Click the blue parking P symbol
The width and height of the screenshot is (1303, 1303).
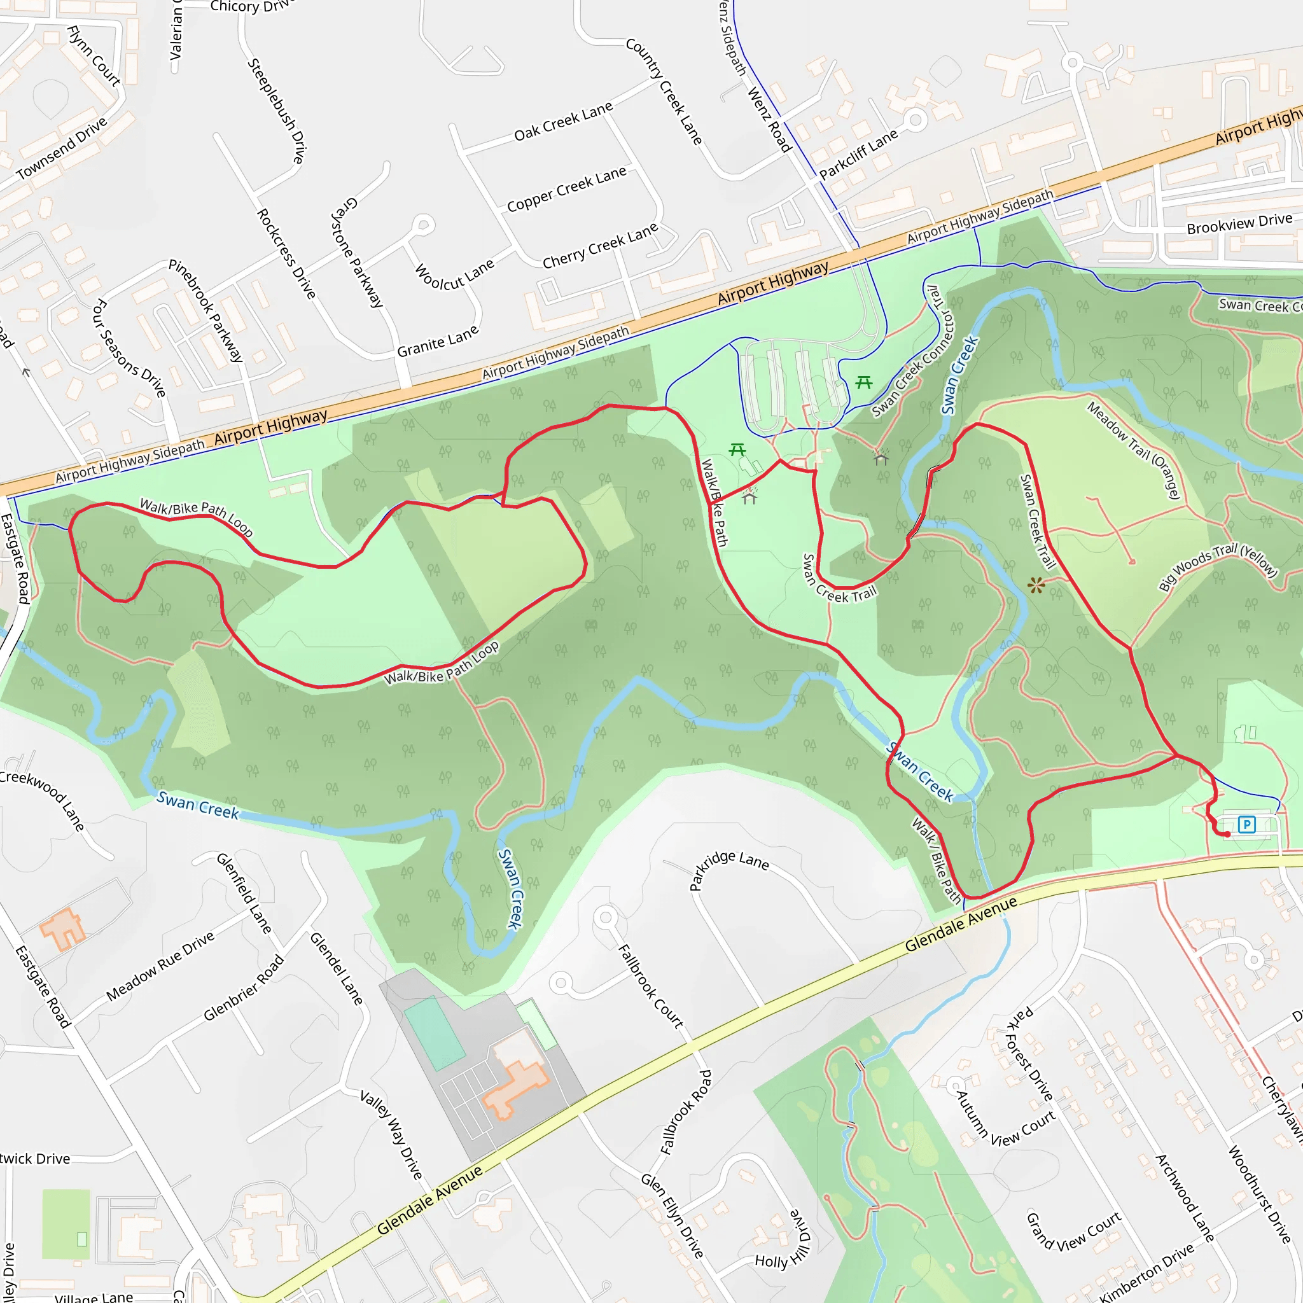[x=1247, y=824]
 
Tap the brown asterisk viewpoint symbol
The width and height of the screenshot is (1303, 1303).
[x=1036, y=585]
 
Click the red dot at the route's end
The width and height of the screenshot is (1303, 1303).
[x=1227, y=834]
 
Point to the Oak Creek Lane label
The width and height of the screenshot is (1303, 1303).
[x=563, y=122]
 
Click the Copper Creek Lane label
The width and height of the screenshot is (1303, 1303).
[x=566, y=190]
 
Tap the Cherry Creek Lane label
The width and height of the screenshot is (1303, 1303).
[x=600, y=246]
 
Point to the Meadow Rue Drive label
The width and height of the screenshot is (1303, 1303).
[x=160, y=966]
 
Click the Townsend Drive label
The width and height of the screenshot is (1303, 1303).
[x=62, y=148]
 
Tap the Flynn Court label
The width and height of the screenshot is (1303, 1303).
[x=94, y=56]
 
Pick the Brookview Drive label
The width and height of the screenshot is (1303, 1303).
[x=1239, y=223]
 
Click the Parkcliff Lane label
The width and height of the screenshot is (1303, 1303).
[x=858, y=154]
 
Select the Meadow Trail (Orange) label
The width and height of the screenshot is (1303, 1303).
[x=1134, y=450]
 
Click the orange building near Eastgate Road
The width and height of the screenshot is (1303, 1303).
[x=63, y=930]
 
